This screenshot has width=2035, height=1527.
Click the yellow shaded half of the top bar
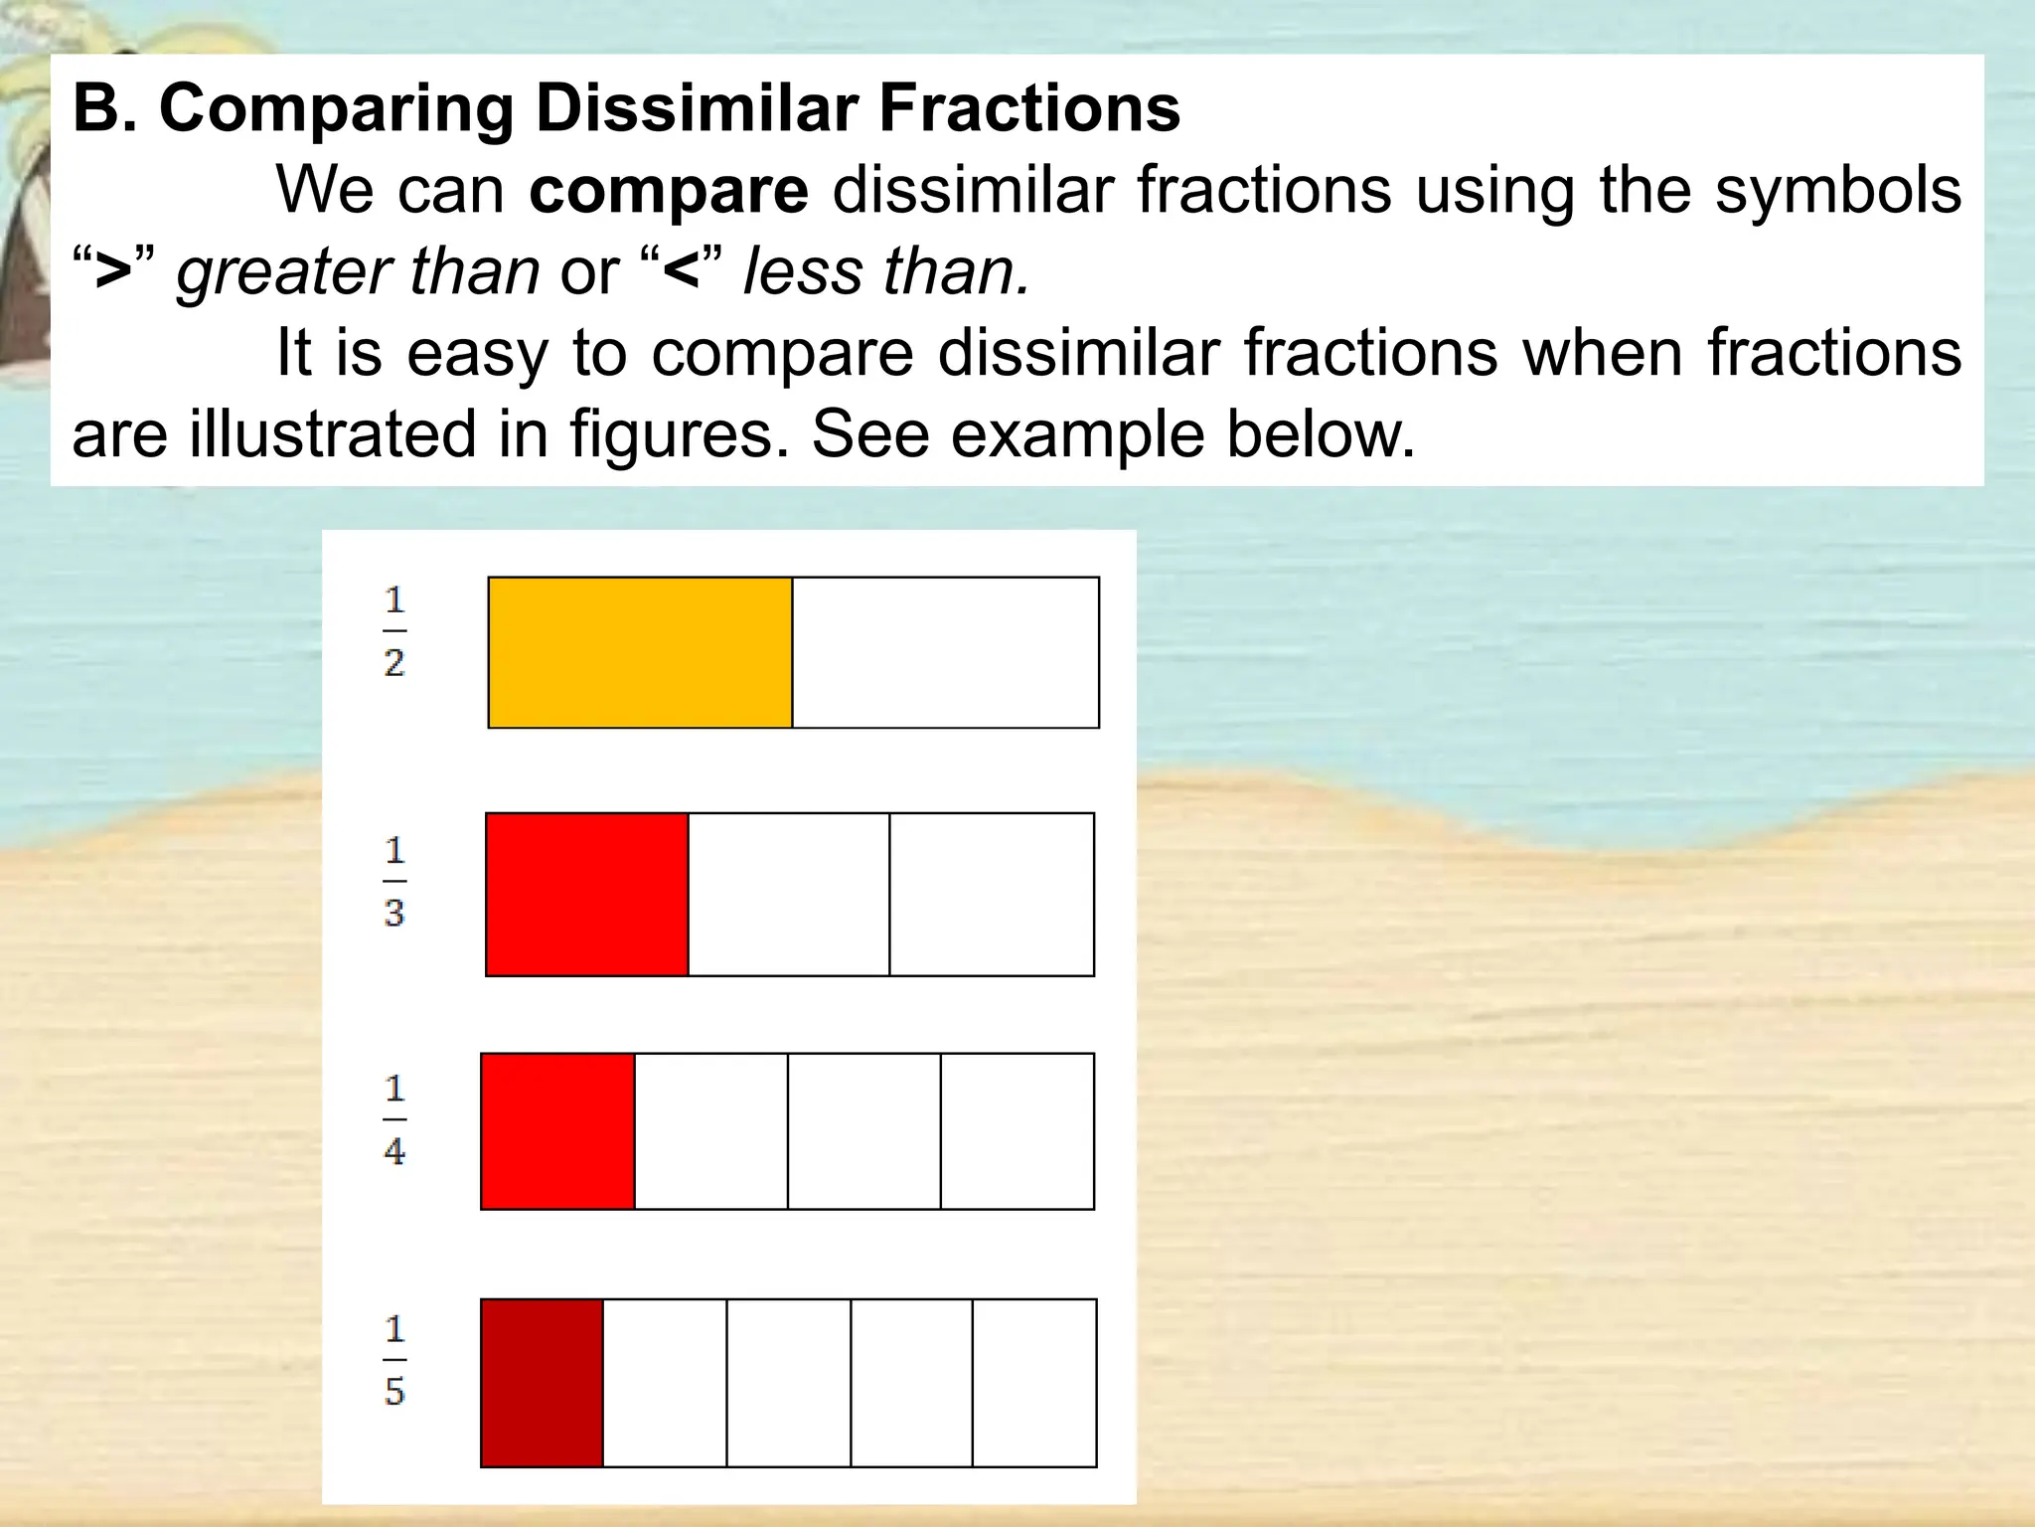[640, 652]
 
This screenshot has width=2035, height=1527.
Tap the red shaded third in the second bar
[587, 895]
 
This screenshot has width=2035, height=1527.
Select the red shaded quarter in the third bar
[557, 1131]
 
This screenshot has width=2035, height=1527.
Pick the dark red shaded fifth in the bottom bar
[542, 1383]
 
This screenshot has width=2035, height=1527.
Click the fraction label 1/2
[394, 631]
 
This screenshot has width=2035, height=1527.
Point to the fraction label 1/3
[394, 882]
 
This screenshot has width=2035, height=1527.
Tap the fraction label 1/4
[394, 1119]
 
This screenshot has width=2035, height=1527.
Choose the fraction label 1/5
[394, 1360]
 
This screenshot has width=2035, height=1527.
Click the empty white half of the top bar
[945, 652]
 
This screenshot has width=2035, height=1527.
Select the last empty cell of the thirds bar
[992, 895]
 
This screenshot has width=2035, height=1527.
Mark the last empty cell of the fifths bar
[1034, 1383]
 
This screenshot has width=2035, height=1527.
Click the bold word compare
[669, 191]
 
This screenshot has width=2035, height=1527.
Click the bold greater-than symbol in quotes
[113, 272]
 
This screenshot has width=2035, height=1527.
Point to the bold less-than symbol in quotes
[682, 272]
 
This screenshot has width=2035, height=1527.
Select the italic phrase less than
[886, 272]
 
